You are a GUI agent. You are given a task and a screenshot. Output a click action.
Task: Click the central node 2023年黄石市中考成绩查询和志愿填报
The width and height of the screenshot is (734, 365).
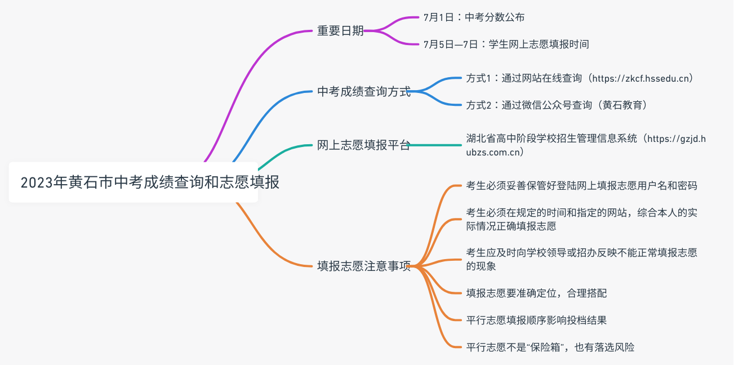(134, 182)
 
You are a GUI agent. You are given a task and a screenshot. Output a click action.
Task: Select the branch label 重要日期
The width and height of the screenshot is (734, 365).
(340, 31)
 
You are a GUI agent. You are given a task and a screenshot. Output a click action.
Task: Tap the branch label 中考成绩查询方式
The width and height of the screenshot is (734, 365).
(363, 91)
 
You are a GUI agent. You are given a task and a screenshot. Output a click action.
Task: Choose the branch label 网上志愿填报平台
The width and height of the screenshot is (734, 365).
(363, 145)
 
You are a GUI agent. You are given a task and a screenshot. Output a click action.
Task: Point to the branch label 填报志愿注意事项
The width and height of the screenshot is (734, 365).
(363, 266)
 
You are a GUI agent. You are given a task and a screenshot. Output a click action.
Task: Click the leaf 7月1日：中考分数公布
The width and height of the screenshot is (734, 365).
(474, 17)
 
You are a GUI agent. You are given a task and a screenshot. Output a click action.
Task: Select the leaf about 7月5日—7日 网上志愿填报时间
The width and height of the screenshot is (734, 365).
(506, 44)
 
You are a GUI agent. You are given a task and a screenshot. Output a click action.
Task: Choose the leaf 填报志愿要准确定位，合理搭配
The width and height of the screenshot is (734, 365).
(536, 293)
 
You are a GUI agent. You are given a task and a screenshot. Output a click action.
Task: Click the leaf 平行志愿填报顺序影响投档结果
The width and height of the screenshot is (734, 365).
(536, 320)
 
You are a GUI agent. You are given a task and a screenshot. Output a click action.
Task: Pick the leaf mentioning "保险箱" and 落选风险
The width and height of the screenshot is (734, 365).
(550, 347)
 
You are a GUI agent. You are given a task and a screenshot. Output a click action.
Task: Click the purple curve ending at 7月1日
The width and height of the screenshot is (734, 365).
(400, 20)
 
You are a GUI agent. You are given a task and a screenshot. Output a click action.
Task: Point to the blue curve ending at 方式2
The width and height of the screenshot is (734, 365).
(439, 100)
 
